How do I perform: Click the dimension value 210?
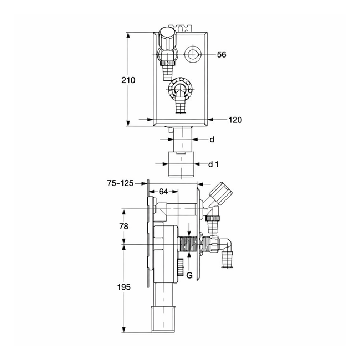tap(128, 80)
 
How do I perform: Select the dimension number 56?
tap(222, 54)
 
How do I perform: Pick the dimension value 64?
tap(163, 192)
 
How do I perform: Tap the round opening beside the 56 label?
tap(193, 55)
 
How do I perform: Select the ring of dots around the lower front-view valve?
tap(179, 89)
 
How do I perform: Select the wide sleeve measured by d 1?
tap(176, 164)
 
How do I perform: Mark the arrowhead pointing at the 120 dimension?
tap(211, 119)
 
